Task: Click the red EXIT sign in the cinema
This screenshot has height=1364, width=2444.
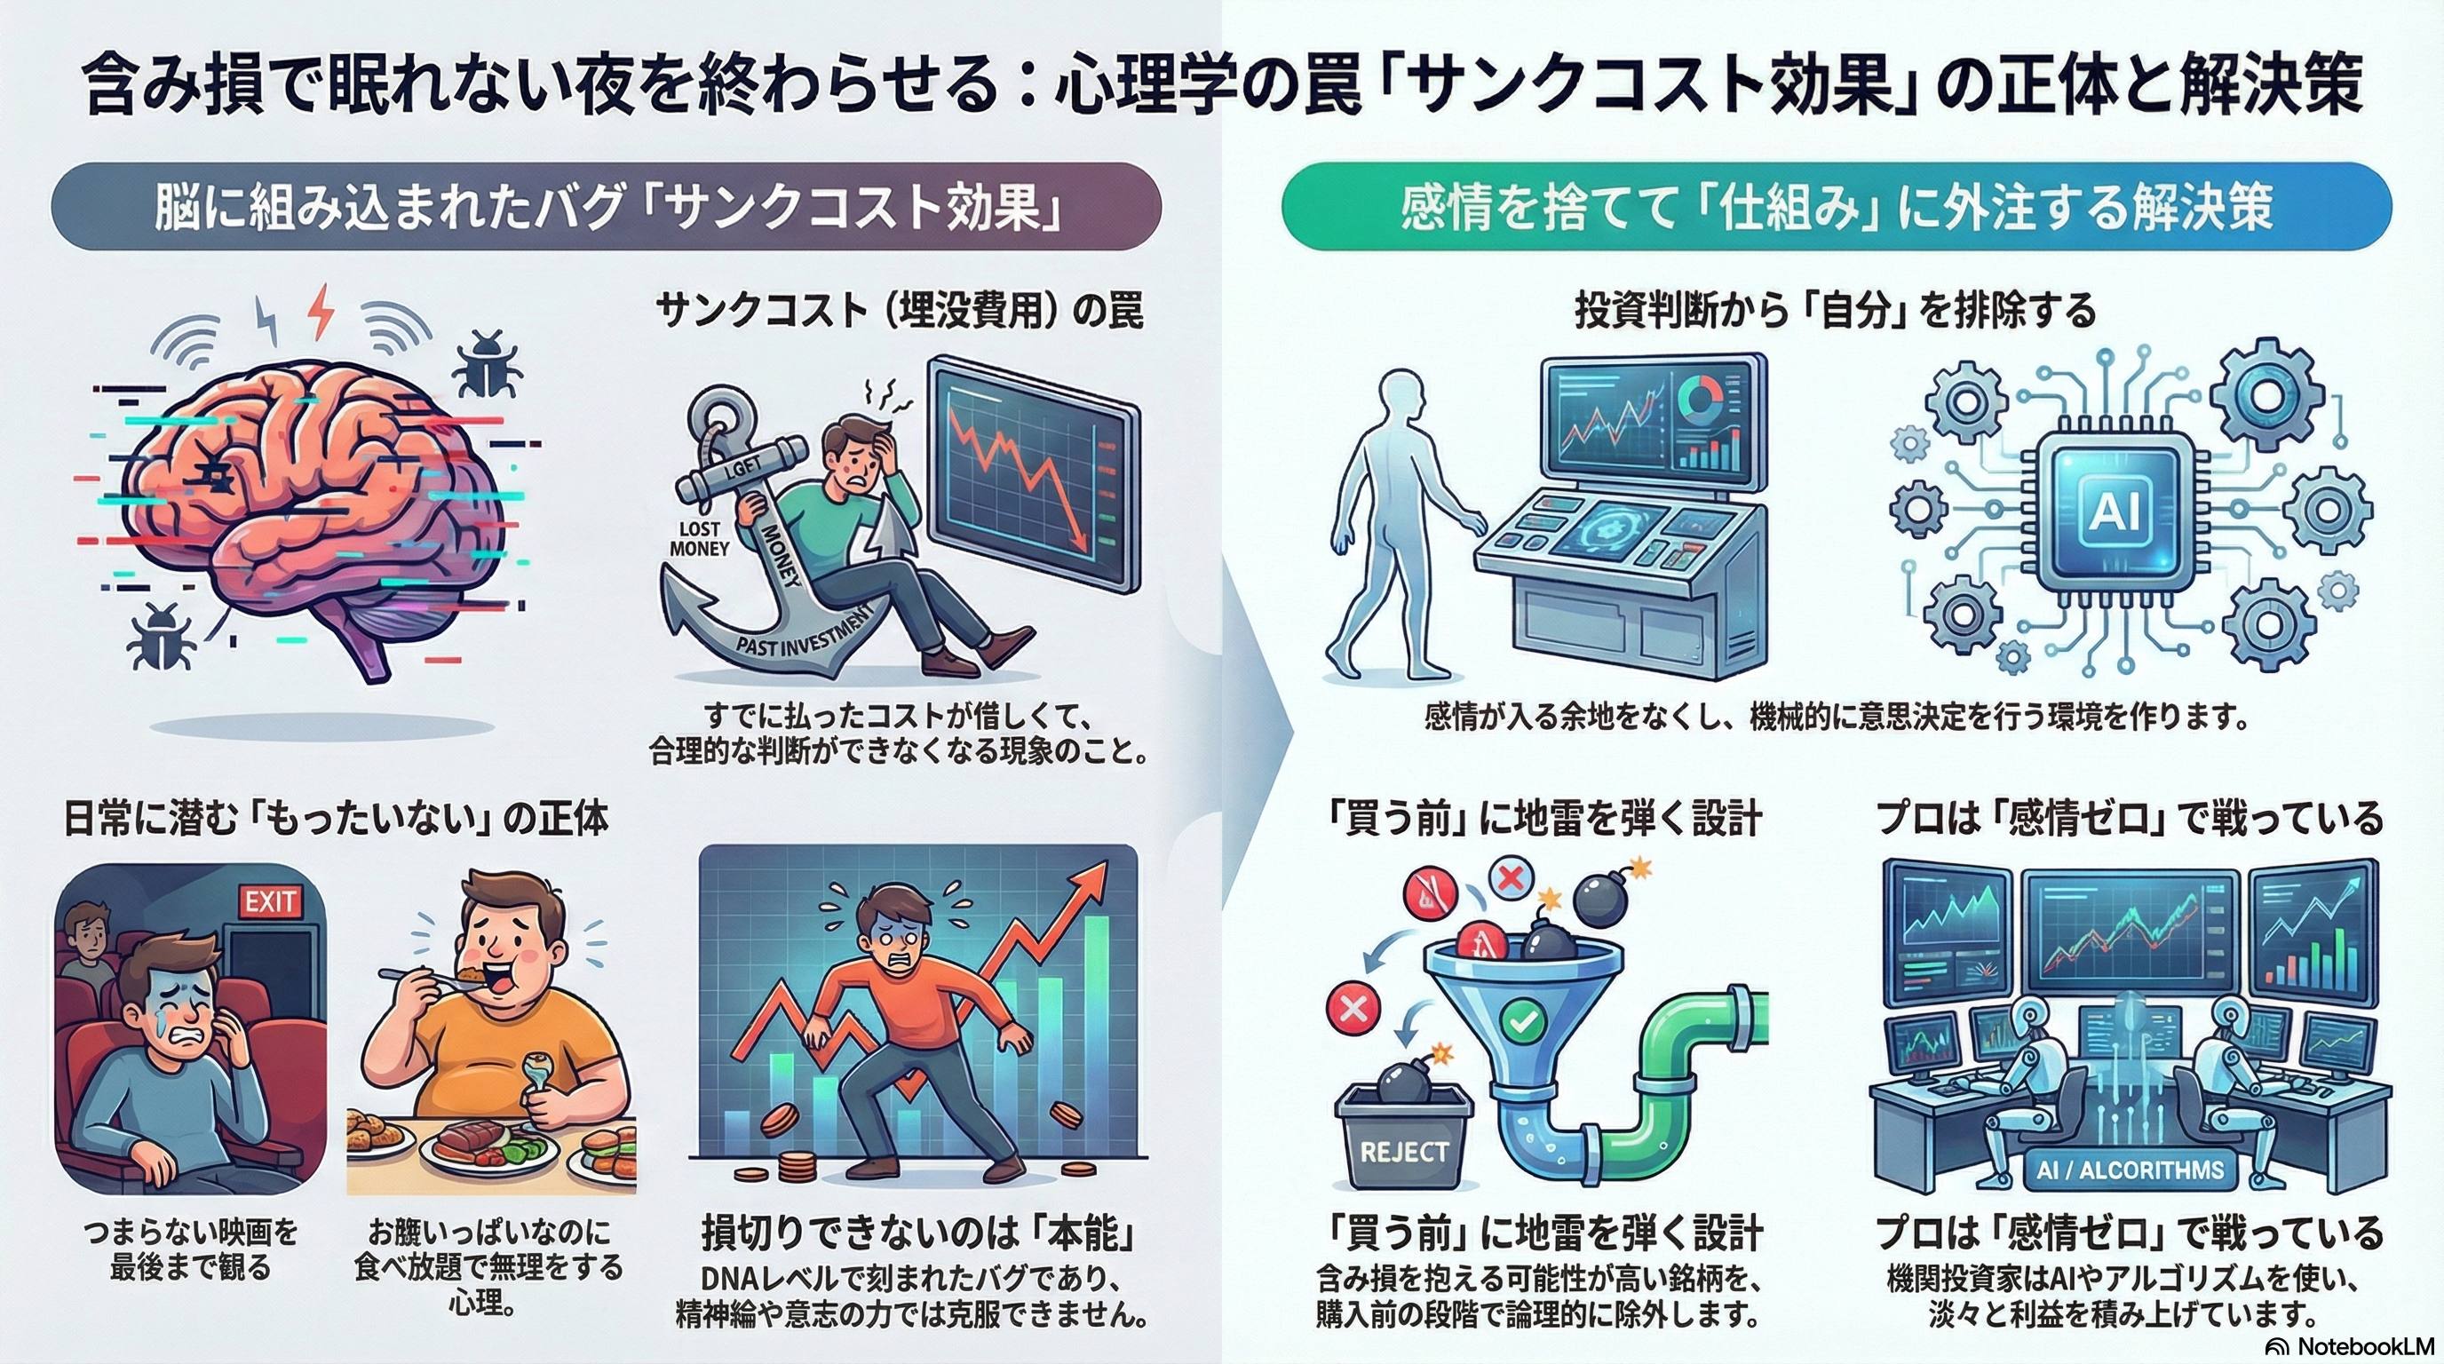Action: (x=270, y=901)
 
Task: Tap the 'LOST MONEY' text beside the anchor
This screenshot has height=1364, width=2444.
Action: (x=699, y=538)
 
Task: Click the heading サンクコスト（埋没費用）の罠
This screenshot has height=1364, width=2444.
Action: (x=900, y=310)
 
